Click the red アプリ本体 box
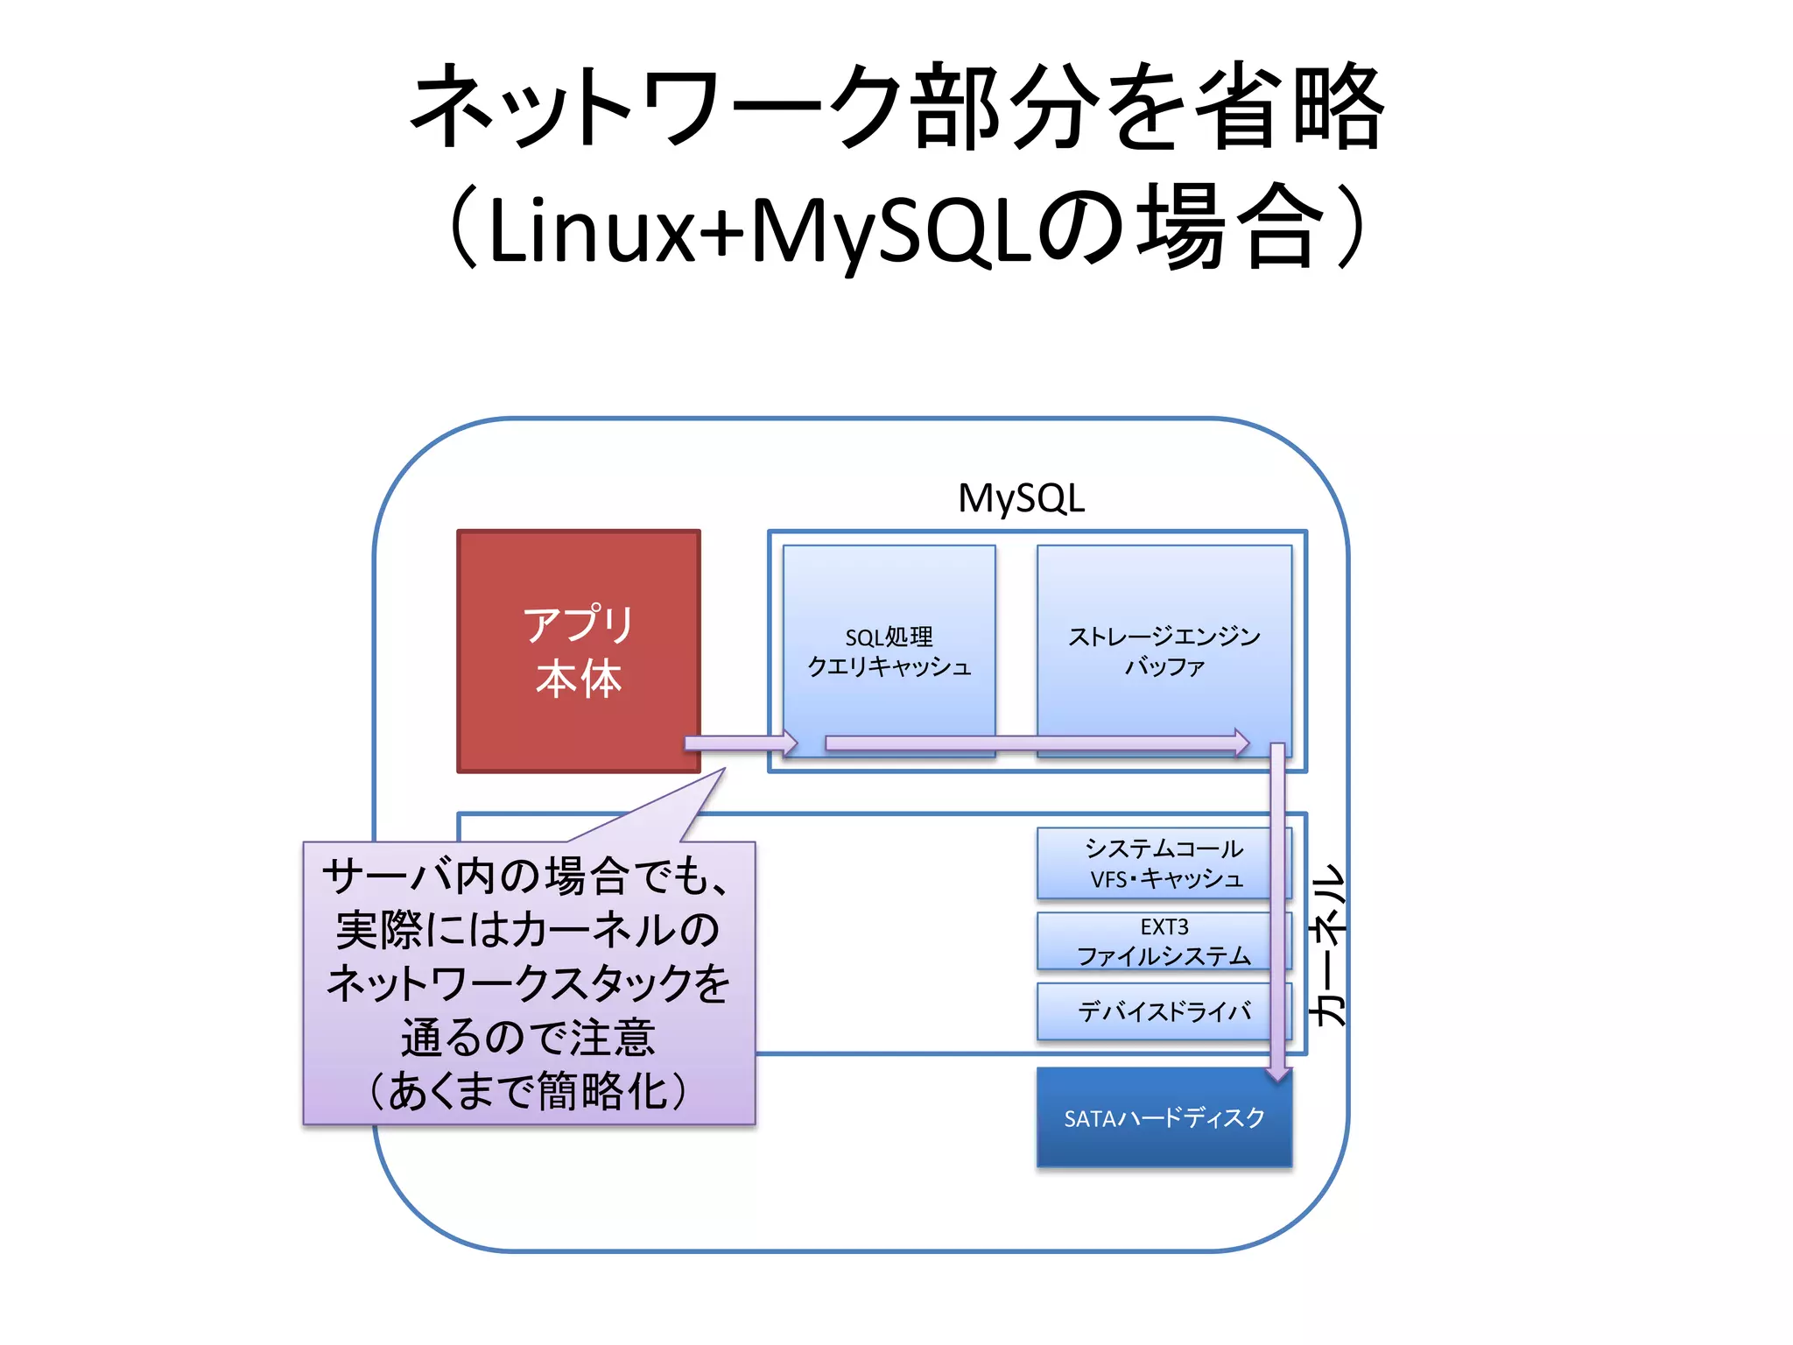(x=578, y=651)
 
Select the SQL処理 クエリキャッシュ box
(x=889, y=651)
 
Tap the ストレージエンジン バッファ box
(x=1164, y=651)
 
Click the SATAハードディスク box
(x=1164, y=1118)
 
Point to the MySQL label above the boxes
(x=1021, y=498)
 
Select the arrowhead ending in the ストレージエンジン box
(x=1241, y=743)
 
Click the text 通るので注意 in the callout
(x=528, y=1038)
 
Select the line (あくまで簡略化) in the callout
(x=528, y=1092)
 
